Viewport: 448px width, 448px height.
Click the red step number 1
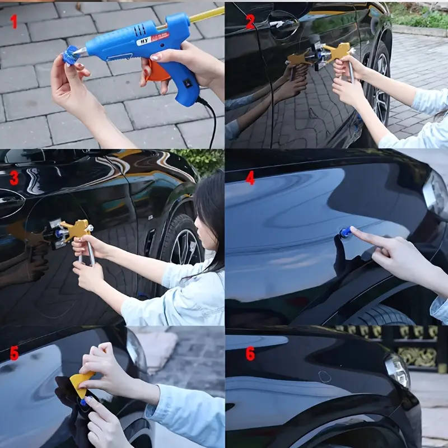pyautogui.click(x=14, y=22)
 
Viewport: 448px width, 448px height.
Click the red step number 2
pyautogui.click(x=250, y=22)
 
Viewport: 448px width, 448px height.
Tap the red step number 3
pyautogui.click(x=14, y=178)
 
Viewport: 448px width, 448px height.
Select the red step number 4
pyautogui.click(x=250, y=178)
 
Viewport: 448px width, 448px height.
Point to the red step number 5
pyautogui.click(x=14, y=353)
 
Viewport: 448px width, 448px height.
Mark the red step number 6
pyautogui.click(x=250, y=353)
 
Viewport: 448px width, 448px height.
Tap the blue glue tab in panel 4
pyautogui.click(x=344, y=234)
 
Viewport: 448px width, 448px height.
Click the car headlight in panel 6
pyautogui.click(x=398, y=370)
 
